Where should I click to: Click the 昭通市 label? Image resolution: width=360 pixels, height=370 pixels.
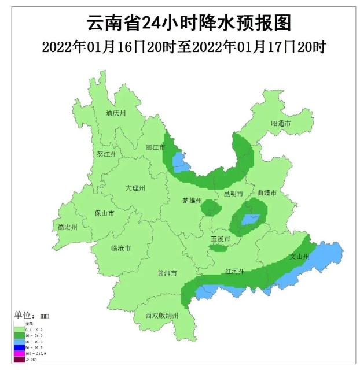(280, 124)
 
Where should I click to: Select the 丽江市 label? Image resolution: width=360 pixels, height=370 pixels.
(155, 147)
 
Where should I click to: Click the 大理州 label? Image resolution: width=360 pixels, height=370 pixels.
(135, 188)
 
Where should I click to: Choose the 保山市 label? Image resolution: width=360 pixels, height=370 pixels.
(104, 213)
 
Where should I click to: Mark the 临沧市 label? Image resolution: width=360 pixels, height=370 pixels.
(120, 248)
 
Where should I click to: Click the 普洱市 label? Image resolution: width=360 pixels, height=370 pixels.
(167, 273)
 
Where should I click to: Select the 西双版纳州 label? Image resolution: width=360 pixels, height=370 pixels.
(162, 316)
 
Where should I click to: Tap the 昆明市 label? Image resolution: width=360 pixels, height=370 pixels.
(233, 194)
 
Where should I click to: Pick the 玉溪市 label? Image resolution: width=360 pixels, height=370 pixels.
(220, 239)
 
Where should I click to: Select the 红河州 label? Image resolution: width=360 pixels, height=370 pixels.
(236, 272)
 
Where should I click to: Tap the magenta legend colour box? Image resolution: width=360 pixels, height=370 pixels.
(20, 353)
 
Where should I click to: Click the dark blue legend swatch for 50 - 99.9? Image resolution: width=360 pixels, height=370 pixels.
(20, 347)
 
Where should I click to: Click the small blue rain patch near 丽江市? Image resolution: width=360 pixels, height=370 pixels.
(177, 158)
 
